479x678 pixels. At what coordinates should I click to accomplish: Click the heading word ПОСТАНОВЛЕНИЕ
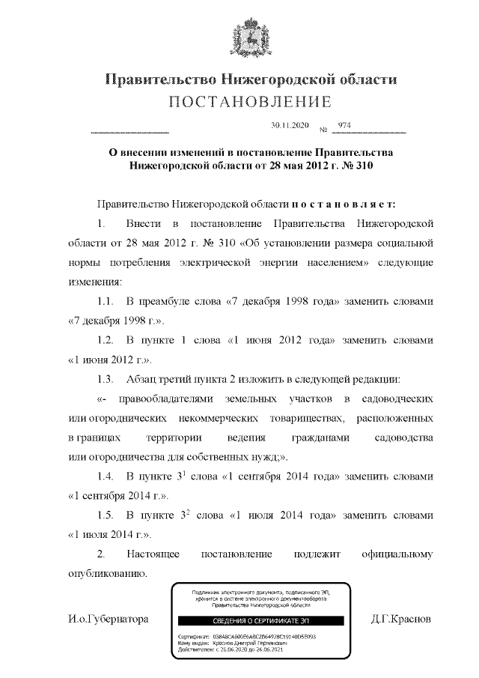pyautogui.click(x=239, y=101)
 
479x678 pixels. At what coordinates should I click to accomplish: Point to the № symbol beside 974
pyautogui.click(x=323, y=129)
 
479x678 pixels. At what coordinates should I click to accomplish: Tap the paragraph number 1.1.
pyautogui.click(x=105, y=301)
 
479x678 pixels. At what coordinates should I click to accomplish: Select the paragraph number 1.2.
pyautogui.click(x=105, y=340)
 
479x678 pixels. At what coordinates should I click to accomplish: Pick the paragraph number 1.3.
pyautogui.click(x=105, y=379)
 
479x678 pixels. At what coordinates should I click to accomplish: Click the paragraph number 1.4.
pyautogui.click(x=105, y=476)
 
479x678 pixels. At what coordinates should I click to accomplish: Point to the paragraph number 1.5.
pyautogui.click(x=105, y=515)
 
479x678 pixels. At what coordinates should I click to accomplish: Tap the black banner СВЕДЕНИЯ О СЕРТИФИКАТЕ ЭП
pyautogui.click(x=260, y=621)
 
